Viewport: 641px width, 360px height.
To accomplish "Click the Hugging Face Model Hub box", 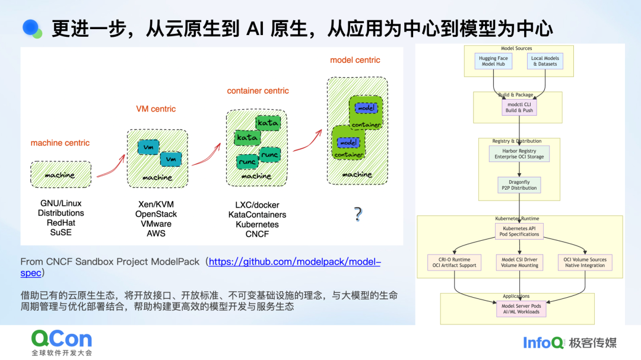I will [494, 61].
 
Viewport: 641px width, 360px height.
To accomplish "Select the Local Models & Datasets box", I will [545, 61].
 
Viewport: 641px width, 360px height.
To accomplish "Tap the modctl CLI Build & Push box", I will [519, 107].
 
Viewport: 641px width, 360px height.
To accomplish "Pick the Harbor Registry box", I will [519, 154].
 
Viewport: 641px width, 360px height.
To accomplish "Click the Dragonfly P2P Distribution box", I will [519, 185].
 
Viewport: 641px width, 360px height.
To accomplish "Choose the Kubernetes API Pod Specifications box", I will [519, 231].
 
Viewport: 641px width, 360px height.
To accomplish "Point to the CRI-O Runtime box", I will [454, 262].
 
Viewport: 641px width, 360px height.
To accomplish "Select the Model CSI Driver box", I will [519, 262].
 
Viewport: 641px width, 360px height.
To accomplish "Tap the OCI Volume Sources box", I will [585, 262].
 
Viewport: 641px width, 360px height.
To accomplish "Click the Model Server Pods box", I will [520, 308].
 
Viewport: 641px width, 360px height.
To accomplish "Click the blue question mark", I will [358, 214].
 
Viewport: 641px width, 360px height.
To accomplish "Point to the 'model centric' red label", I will [355, 60].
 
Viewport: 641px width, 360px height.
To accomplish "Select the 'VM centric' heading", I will [156, 109].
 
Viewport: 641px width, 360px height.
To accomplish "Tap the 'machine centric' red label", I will [60, 143].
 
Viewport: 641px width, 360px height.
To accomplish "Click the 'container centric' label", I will [258, 91].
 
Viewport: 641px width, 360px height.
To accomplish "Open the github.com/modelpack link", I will [294, 262].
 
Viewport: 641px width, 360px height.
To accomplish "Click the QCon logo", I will [62, 340].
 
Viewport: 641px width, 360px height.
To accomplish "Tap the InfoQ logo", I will [542, 342].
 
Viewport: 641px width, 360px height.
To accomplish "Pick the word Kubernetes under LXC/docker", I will [257, 225].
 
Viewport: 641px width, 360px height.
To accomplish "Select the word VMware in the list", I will [156, 224].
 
